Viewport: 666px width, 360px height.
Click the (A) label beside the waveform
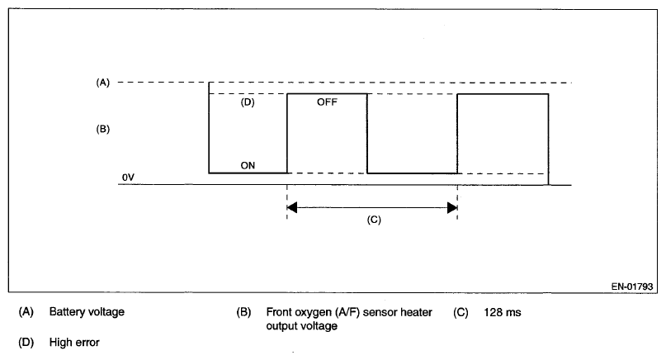pos(103,83)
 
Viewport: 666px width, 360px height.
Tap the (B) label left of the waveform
pos(103,130)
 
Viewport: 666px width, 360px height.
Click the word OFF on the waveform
pos(327,102)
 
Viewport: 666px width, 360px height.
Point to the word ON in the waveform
pos(248,165)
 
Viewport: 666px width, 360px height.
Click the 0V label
pos(127,177)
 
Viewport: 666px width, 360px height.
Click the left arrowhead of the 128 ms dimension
pos(290,208)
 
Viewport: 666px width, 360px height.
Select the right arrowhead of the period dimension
pos(452,208)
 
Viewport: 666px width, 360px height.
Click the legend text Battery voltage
pos(87,313)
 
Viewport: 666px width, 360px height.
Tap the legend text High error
pos(74,341)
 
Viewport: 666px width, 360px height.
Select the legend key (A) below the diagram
pos(26,313)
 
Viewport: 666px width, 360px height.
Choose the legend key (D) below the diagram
pos(26,341)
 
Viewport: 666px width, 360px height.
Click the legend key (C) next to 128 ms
pos(461,313)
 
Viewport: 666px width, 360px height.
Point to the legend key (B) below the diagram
pos(243,313)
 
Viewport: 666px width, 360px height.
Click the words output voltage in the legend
pos(302,327)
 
